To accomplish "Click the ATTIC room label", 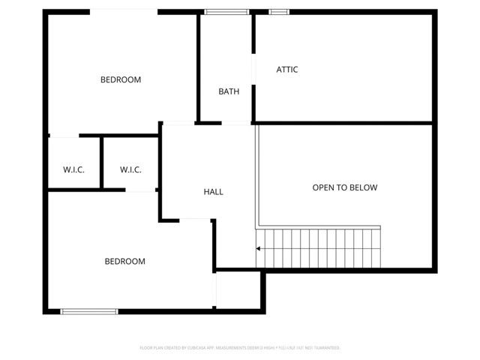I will [287, 70].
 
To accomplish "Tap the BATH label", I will [229, 92].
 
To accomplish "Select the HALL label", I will [214, 192].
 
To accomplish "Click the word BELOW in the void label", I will [364, 187].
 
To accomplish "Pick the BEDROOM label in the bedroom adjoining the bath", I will [121, 79].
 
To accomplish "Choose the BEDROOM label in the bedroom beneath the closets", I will [124, 262].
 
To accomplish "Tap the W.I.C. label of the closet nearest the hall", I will [130, 169].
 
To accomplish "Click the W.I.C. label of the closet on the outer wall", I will [73, 169].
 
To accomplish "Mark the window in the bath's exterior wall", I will [227, 11].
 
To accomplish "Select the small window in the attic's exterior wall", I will [279, 11].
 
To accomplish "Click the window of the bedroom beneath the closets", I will [89, 311].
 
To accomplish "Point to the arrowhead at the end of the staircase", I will [259, 248].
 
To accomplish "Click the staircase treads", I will [322, 248].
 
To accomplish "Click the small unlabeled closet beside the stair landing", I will [238, 289].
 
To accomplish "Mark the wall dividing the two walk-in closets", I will [101, 163].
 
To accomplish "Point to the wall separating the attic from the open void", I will [345, 122].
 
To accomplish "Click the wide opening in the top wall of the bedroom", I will [124, 11].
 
